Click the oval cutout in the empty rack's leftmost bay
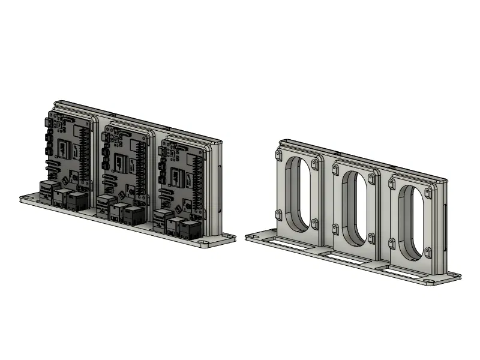(x=298, y=193)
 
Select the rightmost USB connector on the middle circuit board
(x=134, y=214)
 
